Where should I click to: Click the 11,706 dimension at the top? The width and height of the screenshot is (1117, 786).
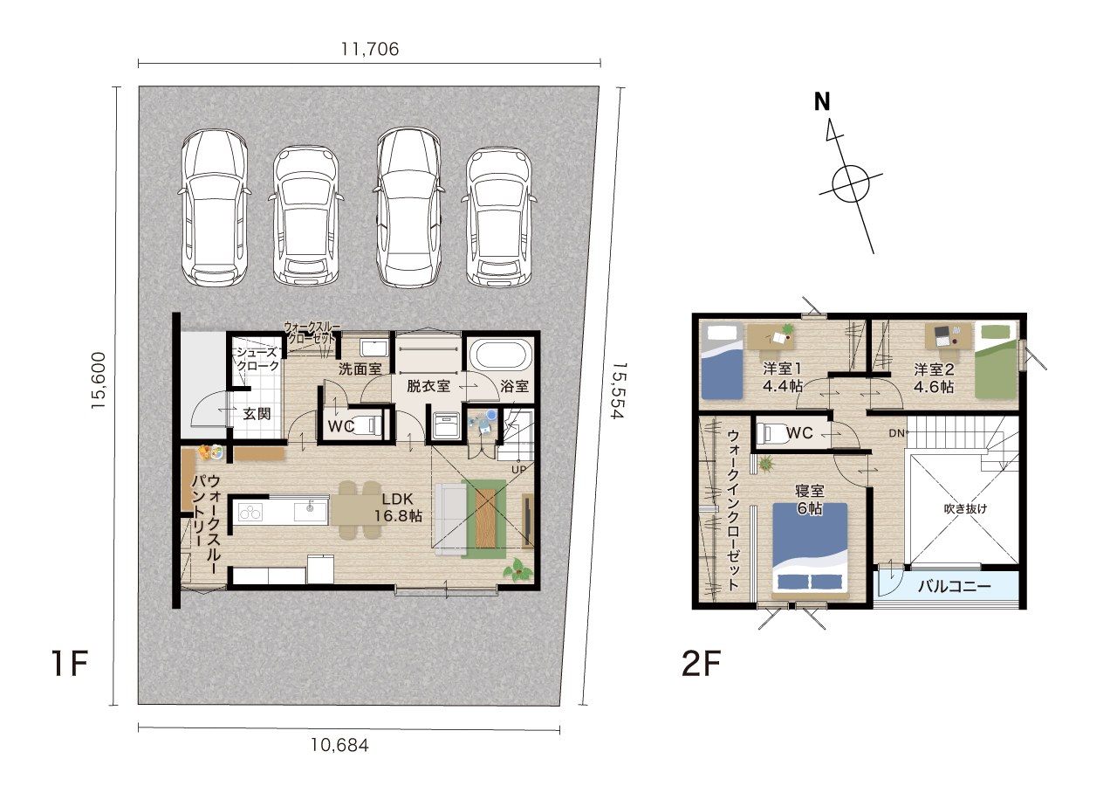(369, 49)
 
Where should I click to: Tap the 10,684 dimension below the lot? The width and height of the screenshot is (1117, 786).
(340, 745)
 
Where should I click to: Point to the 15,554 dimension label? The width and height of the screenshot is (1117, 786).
(619, 390)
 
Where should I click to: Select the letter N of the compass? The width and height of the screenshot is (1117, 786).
(822, 102)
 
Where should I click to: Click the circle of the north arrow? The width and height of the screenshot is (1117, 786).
(851, 183)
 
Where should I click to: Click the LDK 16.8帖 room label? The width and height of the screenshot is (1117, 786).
(398, 507)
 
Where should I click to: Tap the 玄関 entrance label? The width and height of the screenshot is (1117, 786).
(257, 413)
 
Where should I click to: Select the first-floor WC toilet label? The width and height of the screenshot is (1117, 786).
(341, 426)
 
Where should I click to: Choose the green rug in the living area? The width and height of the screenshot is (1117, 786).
(483, 519)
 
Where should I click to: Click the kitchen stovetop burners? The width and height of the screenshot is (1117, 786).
(250, 512)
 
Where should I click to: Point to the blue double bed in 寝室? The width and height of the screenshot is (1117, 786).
(810, 550)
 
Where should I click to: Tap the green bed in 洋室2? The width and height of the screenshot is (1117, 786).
(996, 361)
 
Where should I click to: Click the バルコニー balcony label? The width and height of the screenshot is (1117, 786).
(955, 586)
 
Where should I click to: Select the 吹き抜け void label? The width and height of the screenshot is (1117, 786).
(965, 508)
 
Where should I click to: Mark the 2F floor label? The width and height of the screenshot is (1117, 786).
(701, 664)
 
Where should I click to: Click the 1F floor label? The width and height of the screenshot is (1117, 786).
(70, 663)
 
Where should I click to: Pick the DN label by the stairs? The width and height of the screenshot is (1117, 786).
(896, 433)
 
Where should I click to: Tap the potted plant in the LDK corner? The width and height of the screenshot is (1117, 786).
(517, 570)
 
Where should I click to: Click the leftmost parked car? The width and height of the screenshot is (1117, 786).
(214, 208)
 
